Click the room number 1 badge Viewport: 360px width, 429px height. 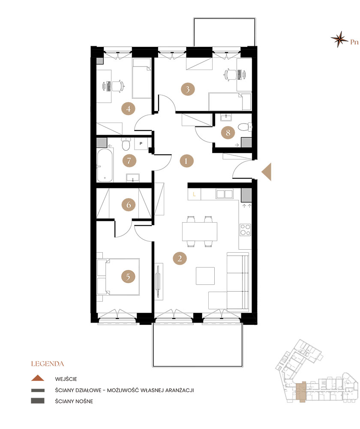186,161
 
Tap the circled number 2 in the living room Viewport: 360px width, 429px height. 180,258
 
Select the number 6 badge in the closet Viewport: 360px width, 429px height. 129,205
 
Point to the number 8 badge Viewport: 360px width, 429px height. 228,133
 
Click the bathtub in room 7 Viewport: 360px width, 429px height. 105,165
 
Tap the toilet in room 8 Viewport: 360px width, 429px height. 245,127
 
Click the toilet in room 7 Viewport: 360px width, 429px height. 126,144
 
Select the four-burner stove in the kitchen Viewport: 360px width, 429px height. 245,230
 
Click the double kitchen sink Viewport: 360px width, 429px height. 225,194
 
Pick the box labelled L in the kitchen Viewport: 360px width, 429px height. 194,194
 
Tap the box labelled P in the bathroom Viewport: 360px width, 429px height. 141,143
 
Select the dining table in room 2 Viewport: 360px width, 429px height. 200,232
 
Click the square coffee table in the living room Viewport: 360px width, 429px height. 205,276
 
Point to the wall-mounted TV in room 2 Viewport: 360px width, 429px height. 158,281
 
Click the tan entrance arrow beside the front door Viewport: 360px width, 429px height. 267,172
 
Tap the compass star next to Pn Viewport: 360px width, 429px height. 339,39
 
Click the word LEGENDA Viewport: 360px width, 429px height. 48,364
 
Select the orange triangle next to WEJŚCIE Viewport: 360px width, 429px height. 38,378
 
